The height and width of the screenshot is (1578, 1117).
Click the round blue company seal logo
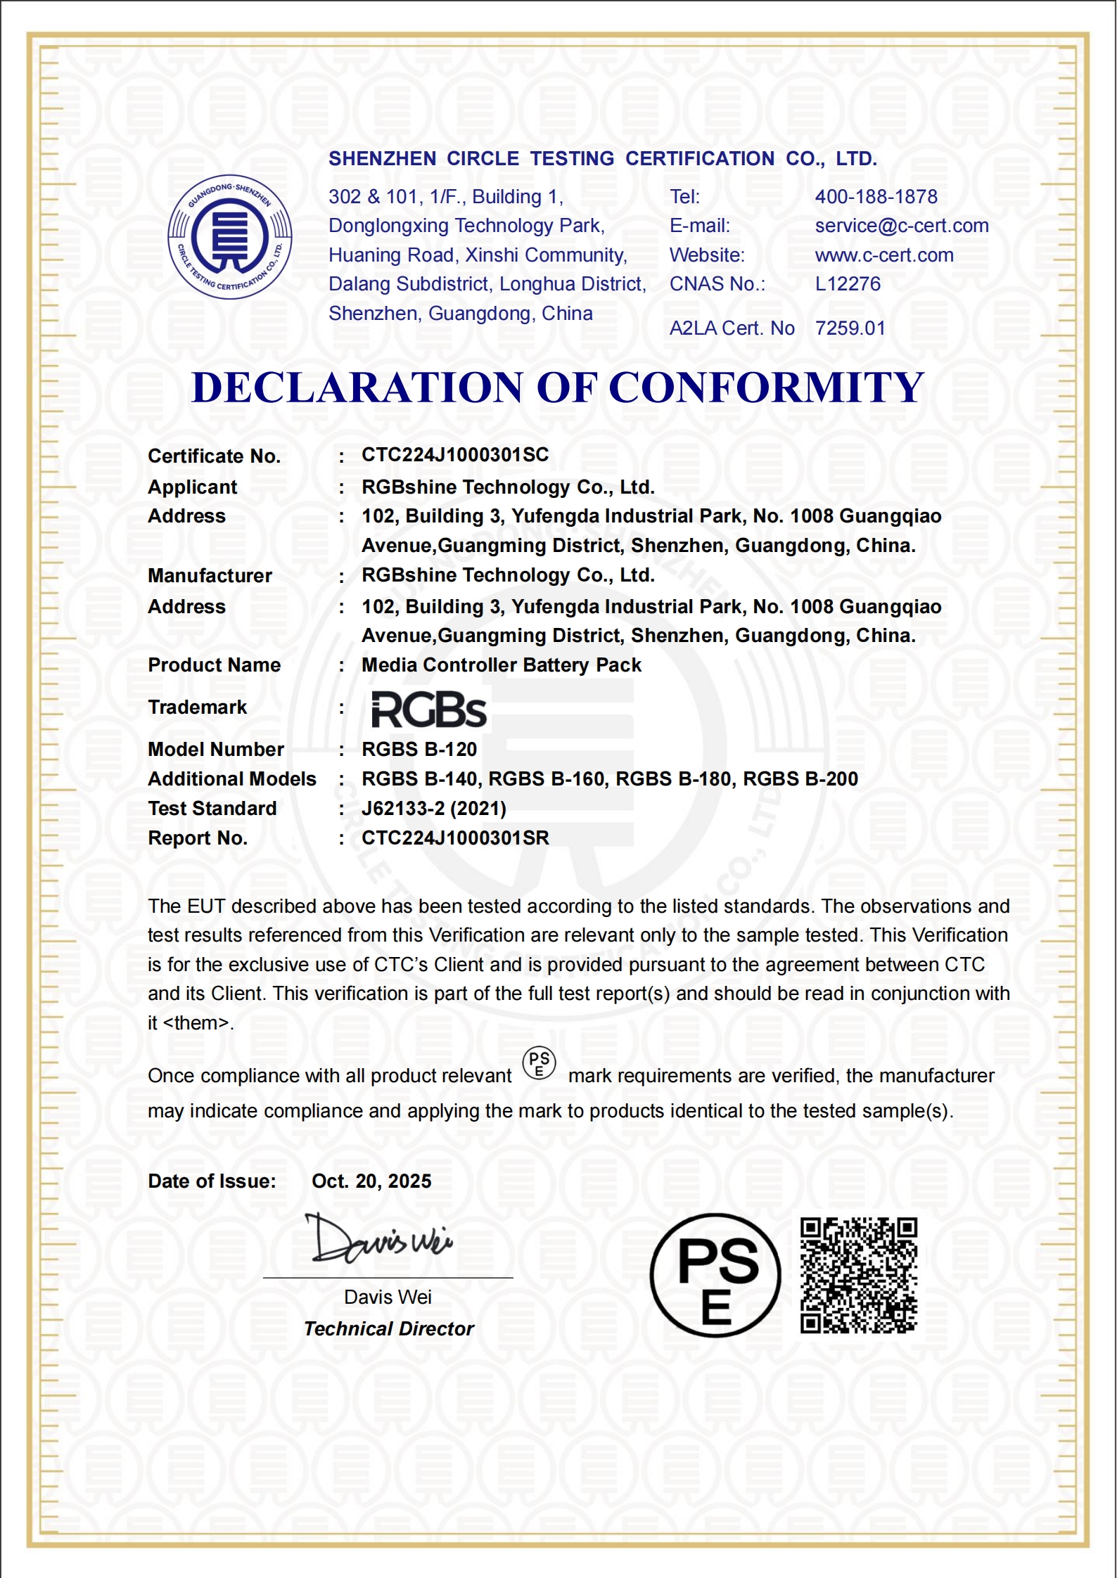coord(230,237)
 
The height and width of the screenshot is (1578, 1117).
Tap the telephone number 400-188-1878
coord(876,197)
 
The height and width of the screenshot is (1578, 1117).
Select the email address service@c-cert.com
coord(901,226)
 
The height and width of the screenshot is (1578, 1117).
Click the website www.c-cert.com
coord(884,255)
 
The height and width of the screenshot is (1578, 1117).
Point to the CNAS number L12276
coord(848,284)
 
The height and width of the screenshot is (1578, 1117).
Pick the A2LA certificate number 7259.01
coord(850,328)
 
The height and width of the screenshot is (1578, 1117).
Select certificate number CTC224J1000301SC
coord(455,455)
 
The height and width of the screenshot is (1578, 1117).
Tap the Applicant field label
coord(192,487)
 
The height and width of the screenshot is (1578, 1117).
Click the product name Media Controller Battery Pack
coord(501,665)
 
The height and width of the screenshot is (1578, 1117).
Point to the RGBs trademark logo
coord(428,709)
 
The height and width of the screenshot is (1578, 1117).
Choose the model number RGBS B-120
coord(419,750)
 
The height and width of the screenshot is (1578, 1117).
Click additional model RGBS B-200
coord(800,779)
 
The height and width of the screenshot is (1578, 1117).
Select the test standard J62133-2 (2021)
coord(434,809)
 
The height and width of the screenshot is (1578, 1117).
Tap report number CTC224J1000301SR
coord(455,838)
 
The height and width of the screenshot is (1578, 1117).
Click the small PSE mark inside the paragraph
coord(540,1064)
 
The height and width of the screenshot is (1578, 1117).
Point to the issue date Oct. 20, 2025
coord(371,1181)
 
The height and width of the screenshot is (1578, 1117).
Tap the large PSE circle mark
coord(715,1275)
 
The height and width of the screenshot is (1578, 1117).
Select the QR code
coord(859,1275)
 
